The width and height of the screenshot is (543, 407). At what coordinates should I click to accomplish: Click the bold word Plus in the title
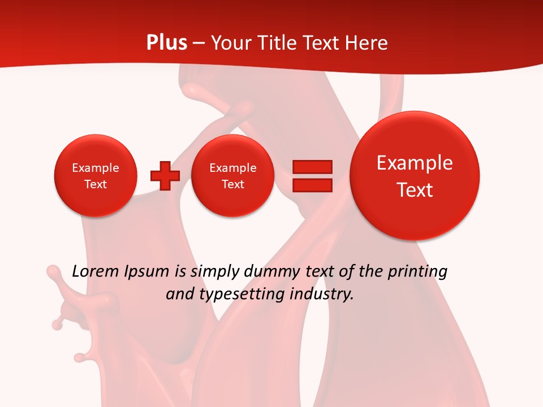tap(166, 43)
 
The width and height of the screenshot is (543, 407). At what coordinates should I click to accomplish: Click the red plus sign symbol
tap(165, 176)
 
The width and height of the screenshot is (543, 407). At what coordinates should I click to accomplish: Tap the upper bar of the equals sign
tap(312, 167)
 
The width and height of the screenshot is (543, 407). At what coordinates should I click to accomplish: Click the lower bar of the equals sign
tap(312, 185)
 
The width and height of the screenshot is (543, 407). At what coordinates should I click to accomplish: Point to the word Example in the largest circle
tap(415, 163)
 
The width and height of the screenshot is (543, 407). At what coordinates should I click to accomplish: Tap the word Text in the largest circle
tap(415, 190)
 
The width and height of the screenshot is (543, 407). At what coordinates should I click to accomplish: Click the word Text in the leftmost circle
tap(96, 184)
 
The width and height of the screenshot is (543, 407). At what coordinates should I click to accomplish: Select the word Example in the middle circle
tap(232, 168)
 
